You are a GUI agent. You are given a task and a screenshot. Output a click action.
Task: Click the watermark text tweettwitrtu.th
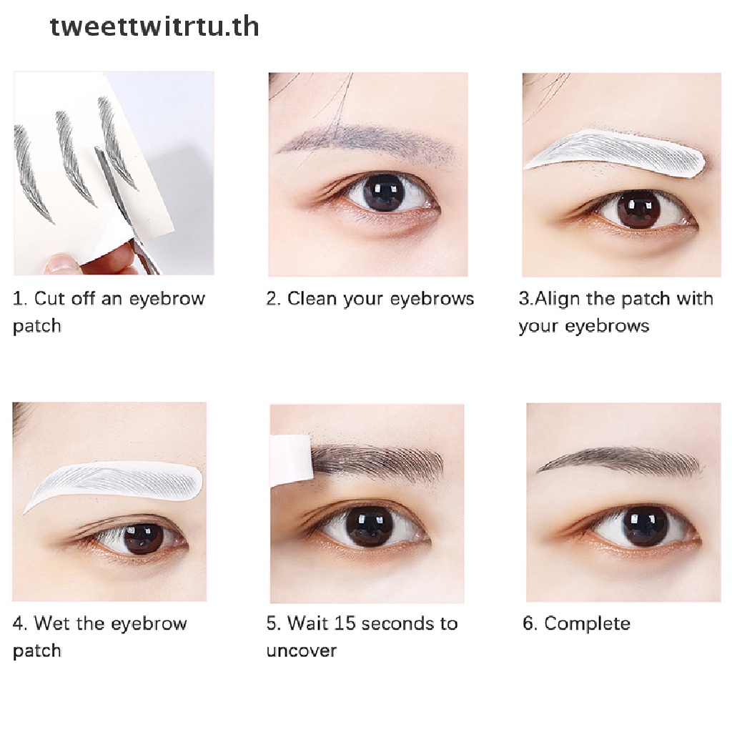[154, 26]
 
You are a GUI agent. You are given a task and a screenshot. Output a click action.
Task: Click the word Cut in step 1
[49, 298]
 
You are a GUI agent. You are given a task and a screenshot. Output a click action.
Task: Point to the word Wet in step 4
[51, 623]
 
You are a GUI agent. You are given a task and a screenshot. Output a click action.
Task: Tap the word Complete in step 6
[588, 623]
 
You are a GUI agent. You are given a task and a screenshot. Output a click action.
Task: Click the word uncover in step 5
[302, 651]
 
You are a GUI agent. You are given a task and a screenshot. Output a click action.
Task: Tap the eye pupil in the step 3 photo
[635, 209]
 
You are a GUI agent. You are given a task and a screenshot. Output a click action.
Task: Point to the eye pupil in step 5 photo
[363, 525]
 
